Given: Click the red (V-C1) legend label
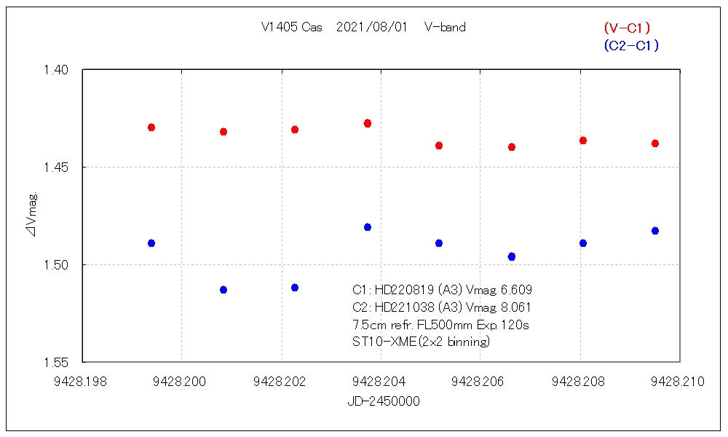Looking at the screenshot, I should tap(627, 28).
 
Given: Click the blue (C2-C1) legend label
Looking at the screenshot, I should tap(630, 45).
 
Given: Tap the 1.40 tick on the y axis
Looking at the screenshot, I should tap(56, 70).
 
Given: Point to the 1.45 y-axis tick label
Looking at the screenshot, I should tap(56, 168).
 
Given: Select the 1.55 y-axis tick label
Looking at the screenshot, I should tap(56, 362).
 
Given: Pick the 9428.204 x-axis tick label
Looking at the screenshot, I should tap(380, 382).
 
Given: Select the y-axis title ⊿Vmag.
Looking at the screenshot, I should tap(33, 216).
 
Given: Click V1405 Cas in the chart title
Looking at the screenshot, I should tap(291, 28).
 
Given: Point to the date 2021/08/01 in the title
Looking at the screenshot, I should tap(372, 28).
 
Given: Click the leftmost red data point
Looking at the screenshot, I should tap(151, 127).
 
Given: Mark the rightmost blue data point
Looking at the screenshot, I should tap(655, 231).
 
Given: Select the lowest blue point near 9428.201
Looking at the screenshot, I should tap(223, 290).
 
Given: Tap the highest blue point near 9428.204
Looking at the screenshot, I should tap(368, 227).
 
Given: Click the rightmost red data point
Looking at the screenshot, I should tap(655, 143).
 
